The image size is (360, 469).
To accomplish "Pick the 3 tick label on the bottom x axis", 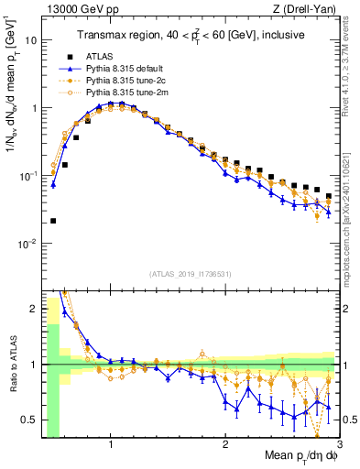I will tap(340, 445).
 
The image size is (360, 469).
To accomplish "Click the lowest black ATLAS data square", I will tap(53, 221).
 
